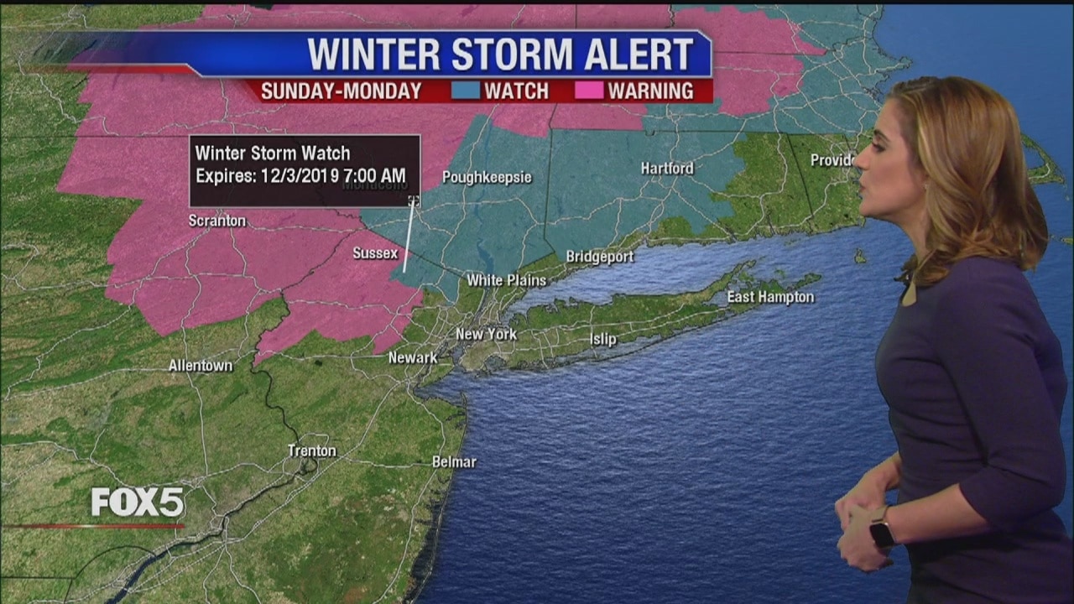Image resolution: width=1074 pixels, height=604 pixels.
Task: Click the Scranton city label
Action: click(x=217, y=221)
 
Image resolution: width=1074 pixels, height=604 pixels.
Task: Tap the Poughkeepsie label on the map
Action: click(x=487, y=177)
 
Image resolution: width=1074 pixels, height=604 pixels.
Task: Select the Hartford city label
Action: click(x=667, y=168)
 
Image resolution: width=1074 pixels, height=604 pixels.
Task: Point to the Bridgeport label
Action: click(x=599, y=257)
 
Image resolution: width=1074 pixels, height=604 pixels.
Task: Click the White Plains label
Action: click(x=506, y=280)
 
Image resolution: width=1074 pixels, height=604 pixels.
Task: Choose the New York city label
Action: click(x=486, y=334)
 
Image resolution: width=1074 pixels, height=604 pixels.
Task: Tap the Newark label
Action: click(x=413, y=358)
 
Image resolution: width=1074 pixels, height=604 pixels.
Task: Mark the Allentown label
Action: click(x=201, y=366)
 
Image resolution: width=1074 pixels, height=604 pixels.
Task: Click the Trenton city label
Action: click(x=312, y=450)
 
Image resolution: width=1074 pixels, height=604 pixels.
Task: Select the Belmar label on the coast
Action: click(x=454, y=461)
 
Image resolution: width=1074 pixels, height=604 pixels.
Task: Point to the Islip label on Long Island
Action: click(x=602, y=340)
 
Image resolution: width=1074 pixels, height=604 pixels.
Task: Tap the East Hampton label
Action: click(x=770, y=297)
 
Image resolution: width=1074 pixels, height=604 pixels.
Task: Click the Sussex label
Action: click(x=375, y=253)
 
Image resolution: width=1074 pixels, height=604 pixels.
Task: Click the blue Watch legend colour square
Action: click(x=466, y=91)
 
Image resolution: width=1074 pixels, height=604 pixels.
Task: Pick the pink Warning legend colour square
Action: click(x=589, y=91)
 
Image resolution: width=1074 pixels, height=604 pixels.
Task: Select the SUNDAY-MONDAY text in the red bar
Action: click(x=341, y=91)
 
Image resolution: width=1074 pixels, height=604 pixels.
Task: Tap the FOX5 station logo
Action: click(x=138, y=502)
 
